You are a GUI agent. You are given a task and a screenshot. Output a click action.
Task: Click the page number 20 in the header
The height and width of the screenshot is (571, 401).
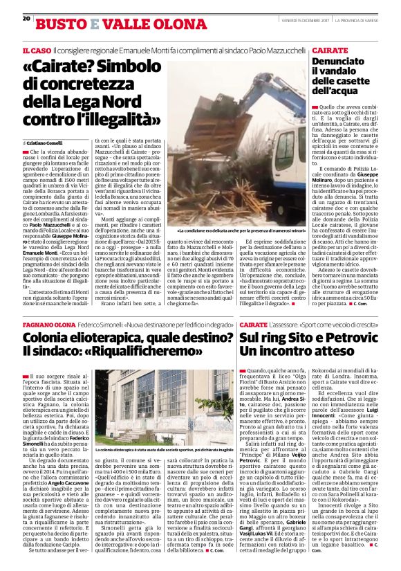point(26,19)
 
